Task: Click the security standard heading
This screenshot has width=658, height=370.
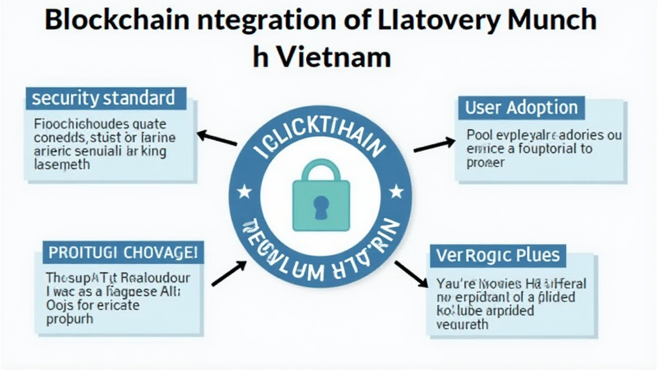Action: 103,98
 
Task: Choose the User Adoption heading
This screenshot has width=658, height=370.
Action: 521,107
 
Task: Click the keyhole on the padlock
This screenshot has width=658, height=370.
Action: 319,204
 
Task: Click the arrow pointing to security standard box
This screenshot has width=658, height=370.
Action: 217,139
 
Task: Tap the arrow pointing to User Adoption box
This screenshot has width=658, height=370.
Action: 434,145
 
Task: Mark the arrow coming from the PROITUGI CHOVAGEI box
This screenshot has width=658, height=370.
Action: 228,272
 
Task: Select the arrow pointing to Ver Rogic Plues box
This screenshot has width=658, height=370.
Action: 411,274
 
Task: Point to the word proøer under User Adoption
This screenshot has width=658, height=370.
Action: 486,163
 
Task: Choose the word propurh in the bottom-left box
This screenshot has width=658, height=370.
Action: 70,319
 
